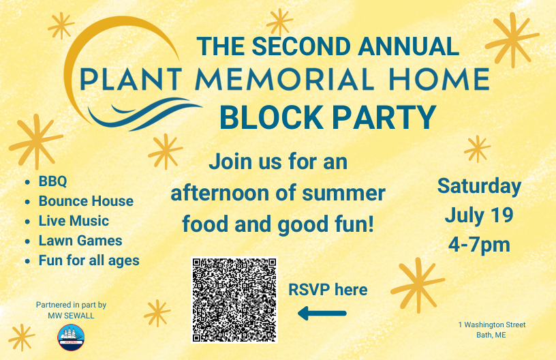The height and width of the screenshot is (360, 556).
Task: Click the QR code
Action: click(234, 300)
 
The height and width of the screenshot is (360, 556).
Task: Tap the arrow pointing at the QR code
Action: click(322, 313)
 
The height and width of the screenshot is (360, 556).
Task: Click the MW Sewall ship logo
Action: click(71, 337)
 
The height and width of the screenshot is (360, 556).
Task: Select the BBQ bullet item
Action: click(53, 181)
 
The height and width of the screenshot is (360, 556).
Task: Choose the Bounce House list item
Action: click(86, 201)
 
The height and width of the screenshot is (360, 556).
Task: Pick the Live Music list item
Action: click(74, 221)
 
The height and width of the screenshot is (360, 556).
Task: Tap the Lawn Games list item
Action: click(80, 241)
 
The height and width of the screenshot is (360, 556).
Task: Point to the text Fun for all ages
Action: click(89, 260)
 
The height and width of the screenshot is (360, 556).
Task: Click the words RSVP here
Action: click(328, 290)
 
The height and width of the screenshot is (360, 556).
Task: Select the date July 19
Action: click(479, 215)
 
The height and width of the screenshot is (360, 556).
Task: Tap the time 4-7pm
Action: click(479, 244)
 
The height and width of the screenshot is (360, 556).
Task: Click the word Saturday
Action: click(480, 187)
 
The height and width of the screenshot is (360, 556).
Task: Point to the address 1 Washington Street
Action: click(492, 325)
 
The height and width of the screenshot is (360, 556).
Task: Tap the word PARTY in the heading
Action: click(384, 117)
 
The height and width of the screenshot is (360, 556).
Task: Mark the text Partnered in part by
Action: click(71, 305)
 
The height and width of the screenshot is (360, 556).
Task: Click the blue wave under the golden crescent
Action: click(142, 112)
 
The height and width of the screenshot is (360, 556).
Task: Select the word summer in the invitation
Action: click(343, 194)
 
